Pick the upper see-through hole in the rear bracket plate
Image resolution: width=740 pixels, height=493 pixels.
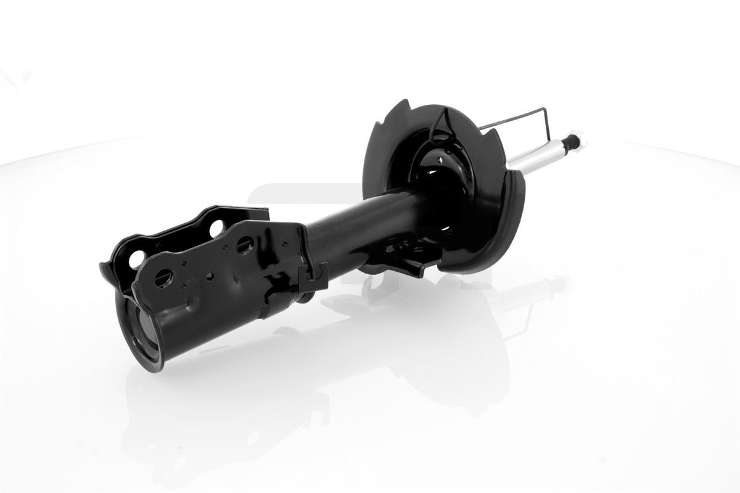[x=216, y=229]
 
